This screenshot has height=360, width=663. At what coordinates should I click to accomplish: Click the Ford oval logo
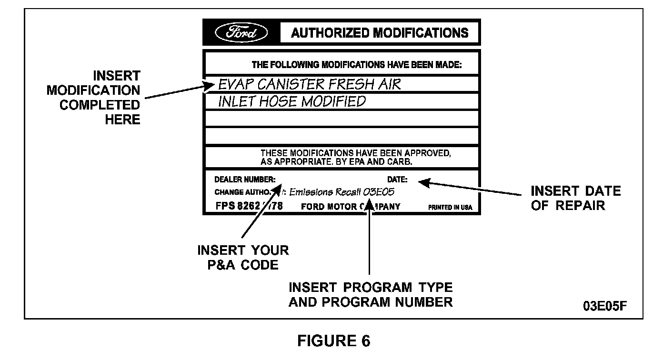[x=241, y=33]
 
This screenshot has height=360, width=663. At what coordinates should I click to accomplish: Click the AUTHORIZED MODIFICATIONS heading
[x=380, y=33]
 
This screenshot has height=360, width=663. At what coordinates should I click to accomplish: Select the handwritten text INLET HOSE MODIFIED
[x=292, y=101]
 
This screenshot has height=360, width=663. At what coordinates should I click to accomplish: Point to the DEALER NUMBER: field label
[x=245, y=180]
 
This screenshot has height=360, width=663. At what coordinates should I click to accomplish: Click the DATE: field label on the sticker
[x=397, y=180]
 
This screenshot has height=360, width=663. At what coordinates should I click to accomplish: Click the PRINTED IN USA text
[x=451, y=208]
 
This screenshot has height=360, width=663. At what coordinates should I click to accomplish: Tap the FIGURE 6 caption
[x=333, y=341]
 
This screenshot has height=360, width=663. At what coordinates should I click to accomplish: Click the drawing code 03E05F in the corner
[x=605, y=305]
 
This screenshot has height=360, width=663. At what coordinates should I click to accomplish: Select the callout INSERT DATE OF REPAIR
[x=575, y=198]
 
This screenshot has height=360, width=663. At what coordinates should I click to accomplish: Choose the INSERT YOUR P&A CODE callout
[x=243, y=258]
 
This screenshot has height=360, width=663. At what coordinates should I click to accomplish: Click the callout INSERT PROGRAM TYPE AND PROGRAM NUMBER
[x=371, y=295]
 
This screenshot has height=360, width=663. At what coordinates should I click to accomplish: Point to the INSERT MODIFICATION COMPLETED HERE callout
[x=93, y=97]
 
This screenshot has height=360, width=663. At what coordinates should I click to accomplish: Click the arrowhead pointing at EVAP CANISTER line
[x=211, y=86]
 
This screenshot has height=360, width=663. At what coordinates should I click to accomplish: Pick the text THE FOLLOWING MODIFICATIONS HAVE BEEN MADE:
[x=356, y=65]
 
